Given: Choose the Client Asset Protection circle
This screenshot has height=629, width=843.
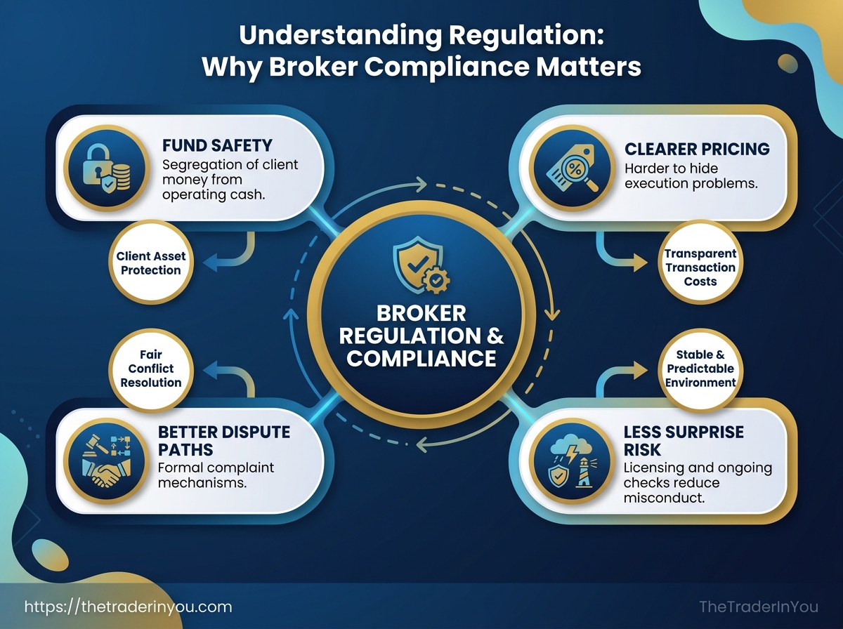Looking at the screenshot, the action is [149, 263].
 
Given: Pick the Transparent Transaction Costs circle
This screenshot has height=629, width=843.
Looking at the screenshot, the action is [700, 267].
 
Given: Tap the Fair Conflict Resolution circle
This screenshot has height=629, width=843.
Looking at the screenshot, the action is [151, 369].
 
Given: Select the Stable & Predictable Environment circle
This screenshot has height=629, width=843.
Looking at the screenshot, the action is [700, 369].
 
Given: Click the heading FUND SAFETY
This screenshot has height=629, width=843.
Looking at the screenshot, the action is [217, 147].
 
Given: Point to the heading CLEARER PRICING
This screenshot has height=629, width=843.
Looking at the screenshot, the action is [696, 149].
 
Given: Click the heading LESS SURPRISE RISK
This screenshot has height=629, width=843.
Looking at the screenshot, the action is [684, 441].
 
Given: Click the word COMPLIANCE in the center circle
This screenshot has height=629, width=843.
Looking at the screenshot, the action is [421, 357].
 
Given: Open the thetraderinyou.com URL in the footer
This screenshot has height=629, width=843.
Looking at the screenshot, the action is [128, 607].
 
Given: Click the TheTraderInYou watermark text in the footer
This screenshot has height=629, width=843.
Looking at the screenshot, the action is [759, 607].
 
